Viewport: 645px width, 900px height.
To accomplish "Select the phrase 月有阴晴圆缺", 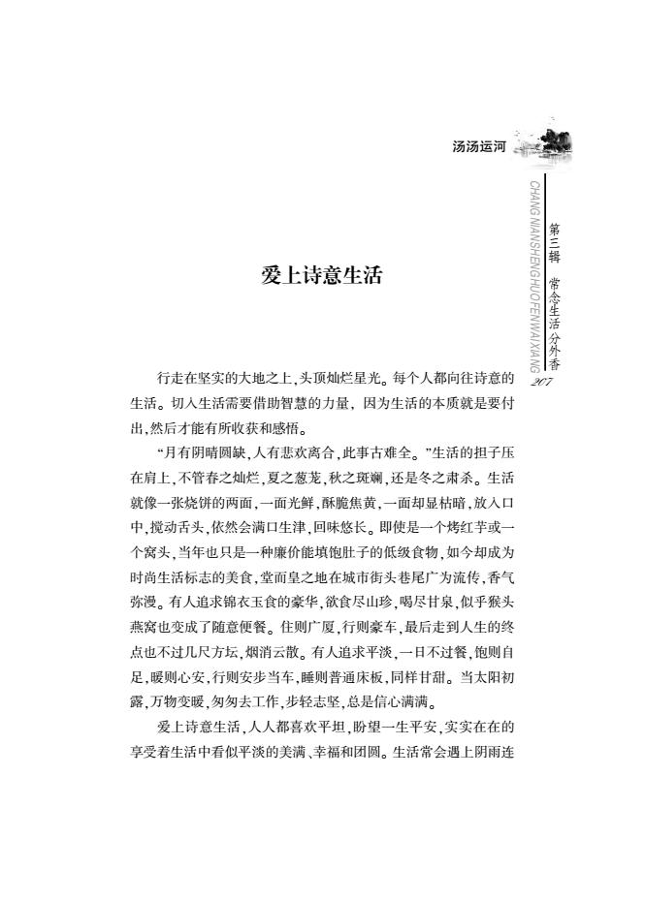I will [204, 450].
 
